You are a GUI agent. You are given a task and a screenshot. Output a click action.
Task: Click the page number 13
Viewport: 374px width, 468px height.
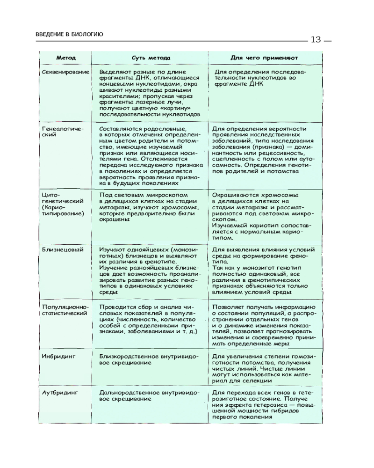(x=316, y=39)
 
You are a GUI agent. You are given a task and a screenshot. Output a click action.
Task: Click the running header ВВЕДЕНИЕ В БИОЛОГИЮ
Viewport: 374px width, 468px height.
(x=69, y=34)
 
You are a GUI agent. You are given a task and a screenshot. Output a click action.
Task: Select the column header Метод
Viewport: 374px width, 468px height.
(x=66, y=58)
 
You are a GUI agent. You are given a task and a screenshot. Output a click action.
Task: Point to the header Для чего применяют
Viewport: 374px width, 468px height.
(x=264, y=58)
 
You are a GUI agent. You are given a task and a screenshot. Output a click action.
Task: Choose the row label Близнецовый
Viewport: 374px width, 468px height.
(x=63, y=249)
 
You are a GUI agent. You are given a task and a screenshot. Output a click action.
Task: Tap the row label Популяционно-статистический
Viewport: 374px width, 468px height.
(x=65, y=310)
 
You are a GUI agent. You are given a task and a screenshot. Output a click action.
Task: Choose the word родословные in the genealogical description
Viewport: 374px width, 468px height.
(x=165, y=128)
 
